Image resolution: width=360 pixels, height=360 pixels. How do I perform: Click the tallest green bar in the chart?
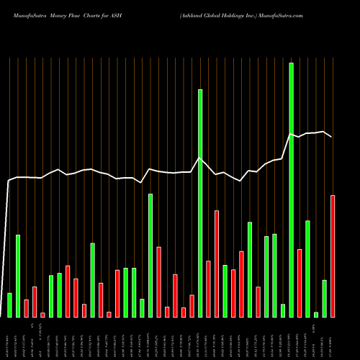(x=291, y=190)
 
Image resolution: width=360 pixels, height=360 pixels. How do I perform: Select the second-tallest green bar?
(x=200, y=203)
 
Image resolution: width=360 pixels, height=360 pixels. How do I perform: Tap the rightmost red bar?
(x=333, y=256)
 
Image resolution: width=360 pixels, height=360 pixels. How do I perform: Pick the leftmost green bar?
(x=9, y=305)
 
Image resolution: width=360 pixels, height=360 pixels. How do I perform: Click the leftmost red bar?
(x=26, y=308)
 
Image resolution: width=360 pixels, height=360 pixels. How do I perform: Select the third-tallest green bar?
(x=150, y=255)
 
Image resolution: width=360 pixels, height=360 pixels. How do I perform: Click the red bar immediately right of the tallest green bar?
(x=300, y=283)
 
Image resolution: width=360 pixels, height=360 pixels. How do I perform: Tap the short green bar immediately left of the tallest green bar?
(x=283, y=310)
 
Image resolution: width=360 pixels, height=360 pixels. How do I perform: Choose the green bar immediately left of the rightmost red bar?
(x=324, y=298)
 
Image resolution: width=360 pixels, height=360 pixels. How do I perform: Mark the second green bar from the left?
(x=18, y=276)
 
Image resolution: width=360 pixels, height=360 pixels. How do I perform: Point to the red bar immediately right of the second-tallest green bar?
(x=208, y=289)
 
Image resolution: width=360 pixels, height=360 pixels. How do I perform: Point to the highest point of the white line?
(x=325, y=132)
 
